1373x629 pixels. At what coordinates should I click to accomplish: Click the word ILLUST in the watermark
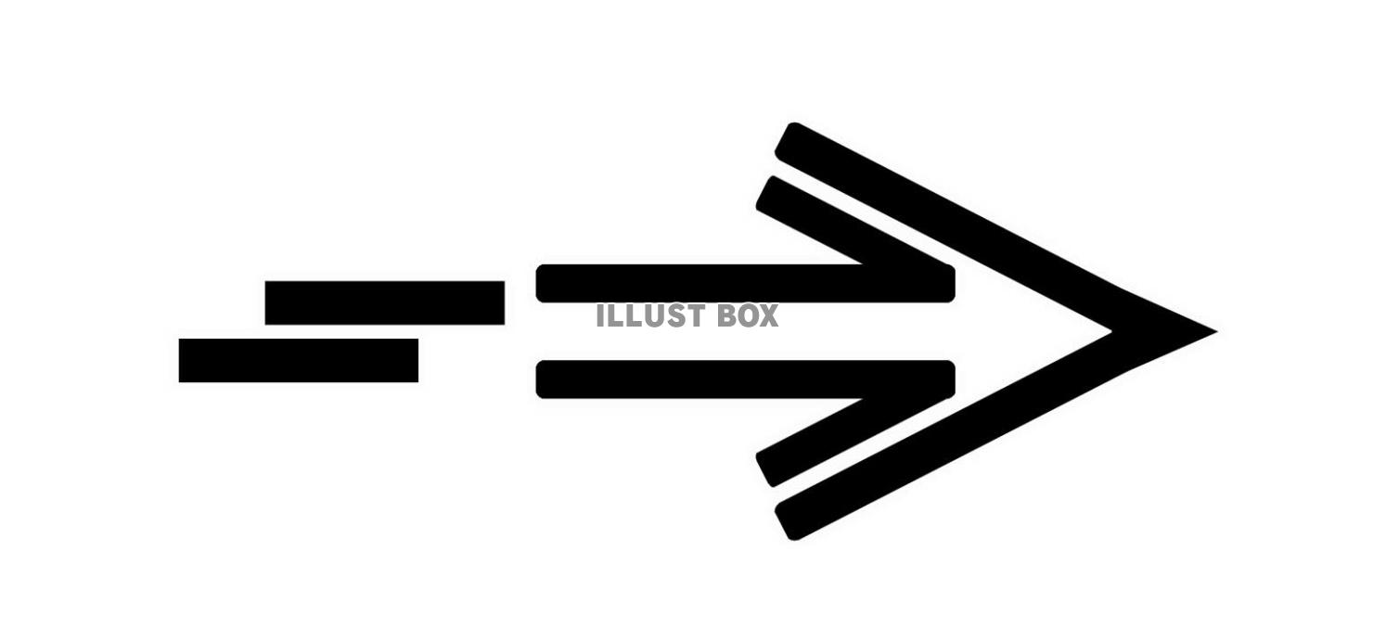point(640,316)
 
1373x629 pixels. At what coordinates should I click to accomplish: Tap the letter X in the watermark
point(765,316)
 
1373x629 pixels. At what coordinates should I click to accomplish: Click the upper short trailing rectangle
point(384,302)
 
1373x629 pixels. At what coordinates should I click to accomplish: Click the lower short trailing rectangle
point(298,360)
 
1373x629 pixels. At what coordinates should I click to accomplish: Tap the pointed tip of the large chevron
point(1211,330)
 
